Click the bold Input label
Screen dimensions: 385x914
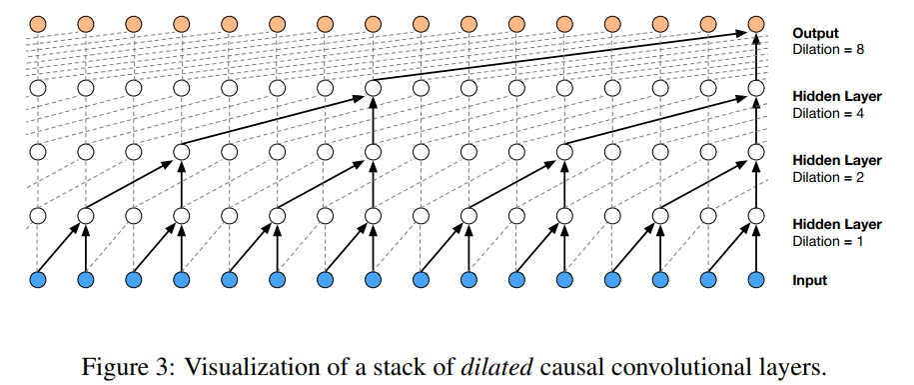[809, 280]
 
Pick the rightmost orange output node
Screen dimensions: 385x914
[756, 23]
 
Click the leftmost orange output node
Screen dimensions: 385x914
[38, 23]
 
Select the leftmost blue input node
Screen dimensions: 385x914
[38, 279]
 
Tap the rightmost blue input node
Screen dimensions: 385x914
[756, 279]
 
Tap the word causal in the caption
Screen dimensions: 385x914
[558, 366]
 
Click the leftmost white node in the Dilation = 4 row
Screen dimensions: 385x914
[38, 88]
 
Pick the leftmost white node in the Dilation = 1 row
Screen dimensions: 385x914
[38, 215]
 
